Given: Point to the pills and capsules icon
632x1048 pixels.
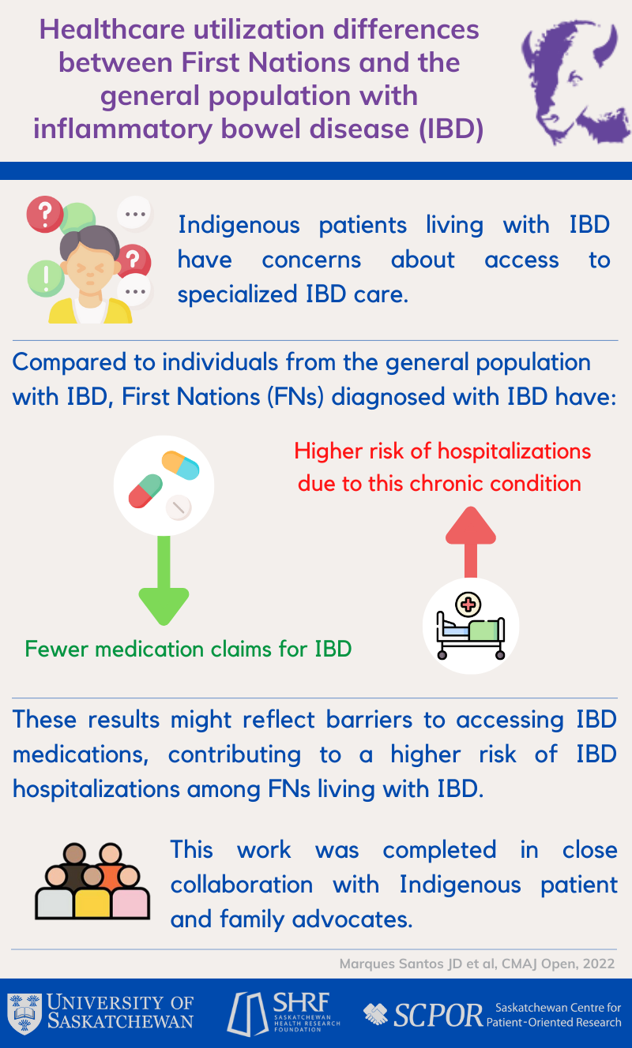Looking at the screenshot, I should [164, 483].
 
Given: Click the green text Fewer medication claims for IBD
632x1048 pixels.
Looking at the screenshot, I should [188, 649].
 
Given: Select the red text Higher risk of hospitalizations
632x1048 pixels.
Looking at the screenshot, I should [442, 451].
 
